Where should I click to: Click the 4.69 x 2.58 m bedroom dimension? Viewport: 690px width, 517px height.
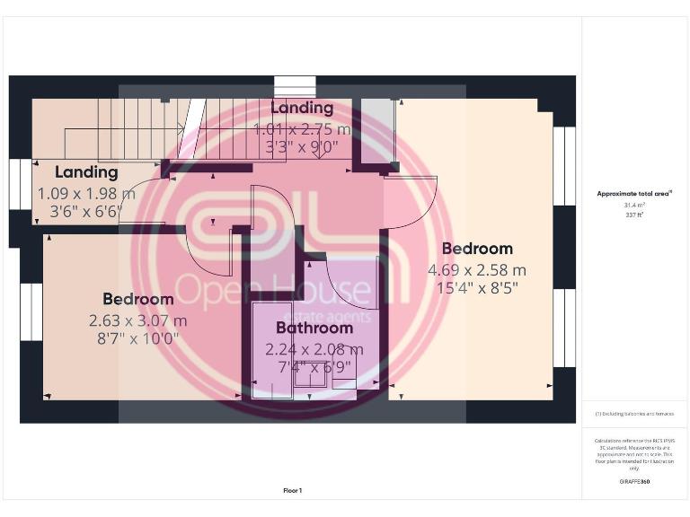(477, 269)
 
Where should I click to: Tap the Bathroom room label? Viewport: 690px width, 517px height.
(314, 328)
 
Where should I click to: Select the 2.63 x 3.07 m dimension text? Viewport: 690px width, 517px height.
(137, 320)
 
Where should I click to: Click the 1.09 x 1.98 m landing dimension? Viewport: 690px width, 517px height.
(86, 193)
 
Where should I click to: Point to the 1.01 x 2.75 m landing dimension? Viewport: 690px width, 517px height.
(302, 128)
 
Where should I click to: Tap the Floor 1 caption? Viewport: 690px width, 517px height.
(293, 490)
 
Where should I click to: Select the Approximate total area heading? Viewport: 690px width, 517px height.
(634, 193)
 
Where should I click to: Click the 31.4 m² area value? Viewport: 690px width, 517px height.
(634, 206)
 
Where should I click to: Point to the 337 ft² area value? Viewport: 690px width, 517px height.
(634, 215)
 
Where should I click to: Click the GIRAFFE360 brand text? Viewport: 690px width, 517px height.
(634, 482)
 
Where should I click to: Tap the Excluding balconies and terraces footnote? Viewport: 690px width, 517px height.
(634, 414)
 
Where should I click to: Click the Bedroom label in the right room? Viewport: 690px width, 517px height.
(477, 249)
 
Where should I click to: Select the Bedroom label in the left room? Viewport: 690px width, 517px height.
(137, 299)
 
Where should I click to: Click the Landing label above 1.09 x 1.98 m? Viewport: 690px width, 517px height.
(86, 171)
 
